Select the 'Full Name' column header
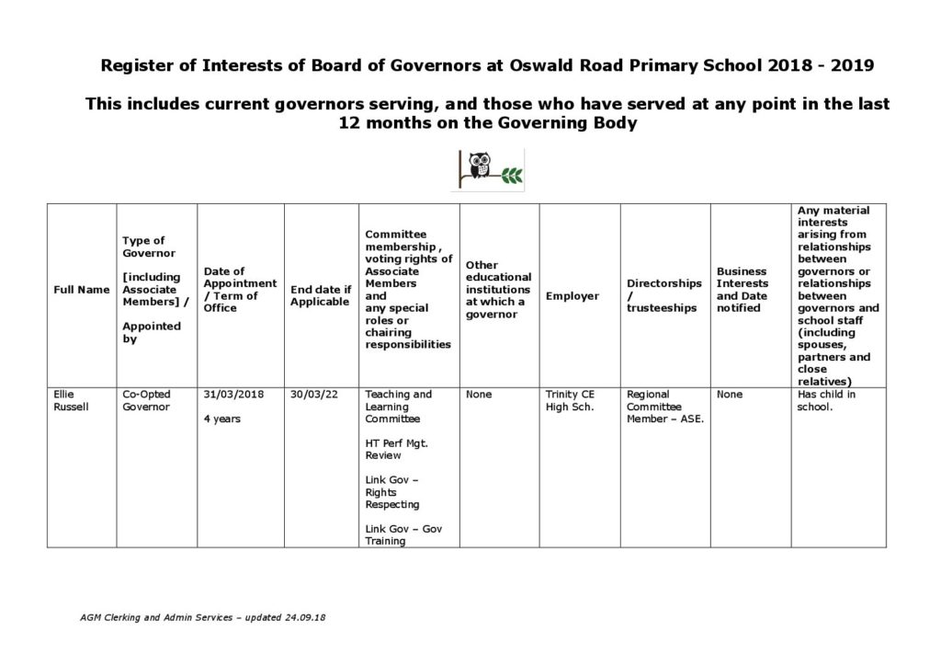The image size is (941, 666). (82, 290)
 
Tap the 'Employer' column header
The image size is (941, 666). (572, 296)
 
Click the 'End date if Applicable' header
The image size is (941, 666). (320, 296)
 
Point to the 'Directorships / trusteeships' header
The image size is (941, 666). (663, 296)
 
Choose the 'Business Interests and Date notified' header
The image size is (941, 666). (742, 290)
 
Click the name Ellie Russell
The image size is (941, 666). (71, 401)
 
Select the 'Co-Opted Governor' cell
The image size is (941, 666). (146, 401)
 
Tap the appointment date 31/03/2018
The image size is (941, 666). (233, 395)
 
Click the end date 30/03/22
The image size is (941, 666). (312, 395)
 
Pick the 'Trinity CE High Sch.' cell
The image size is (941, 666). (570, 401)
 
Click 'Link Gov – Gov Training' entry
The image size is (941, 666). (403, 534)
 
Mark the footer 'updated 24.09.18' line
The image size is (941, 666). (202, 617)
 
